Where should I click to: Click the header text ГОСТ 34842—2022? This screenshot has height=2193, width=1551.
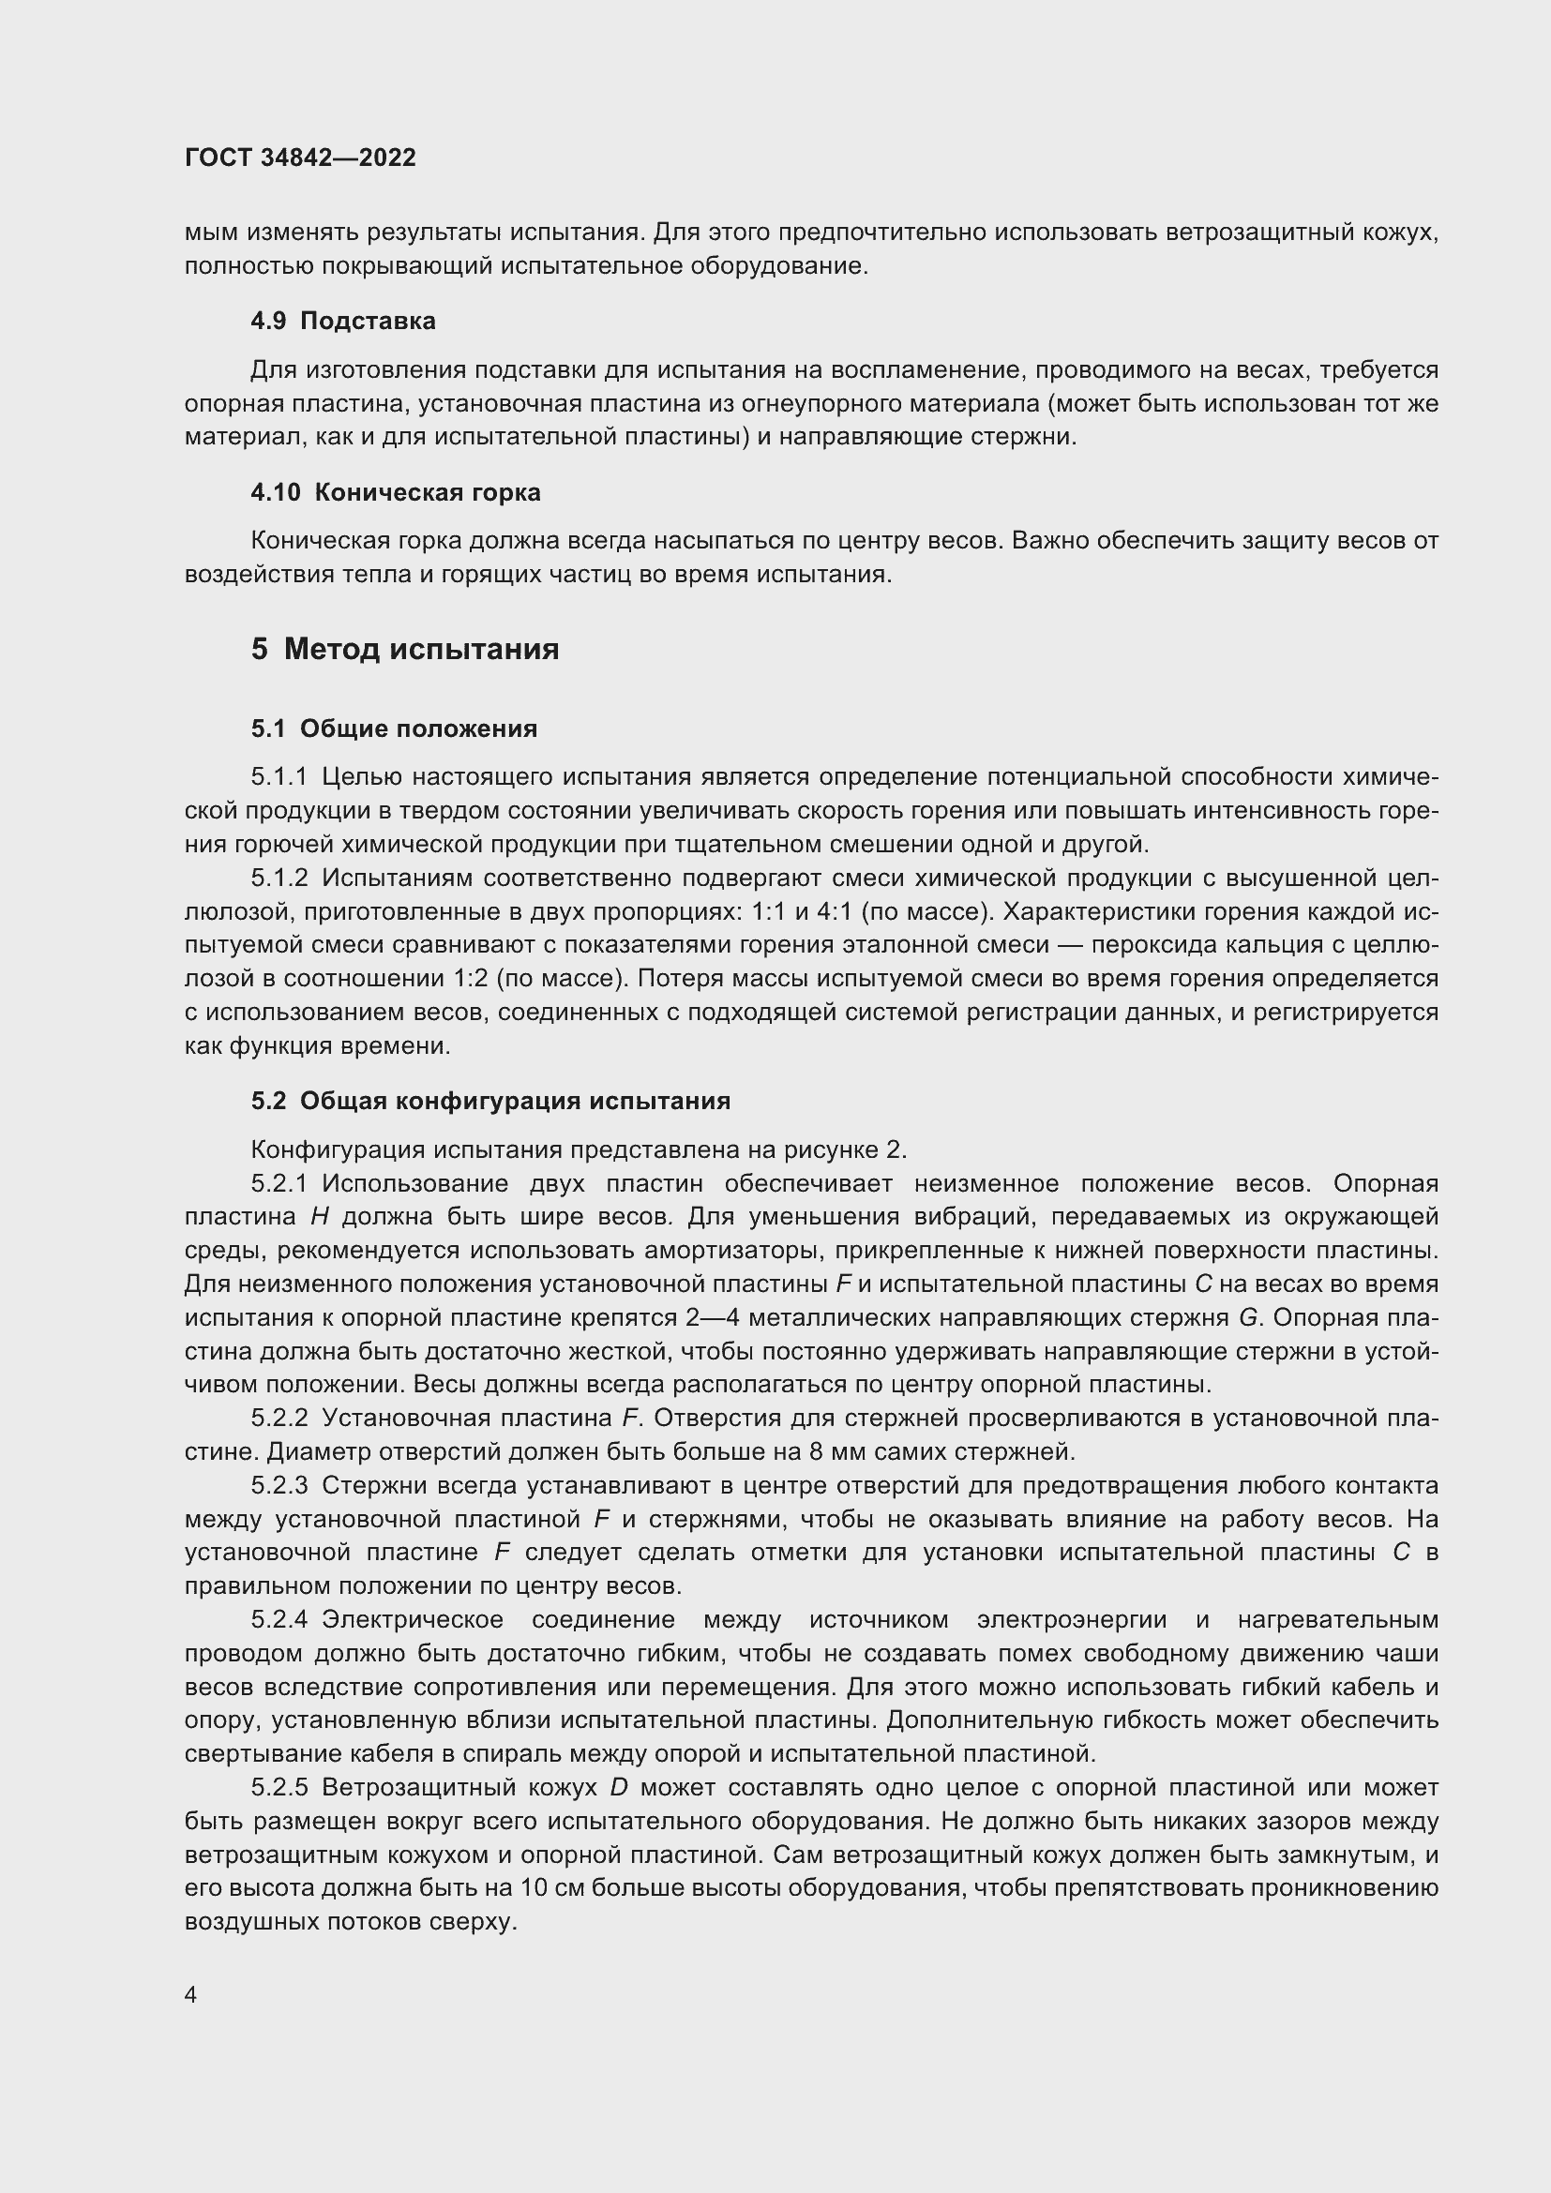(300, 158)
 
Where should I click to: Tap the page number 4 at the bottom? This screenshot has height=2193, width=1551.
(191, 1994)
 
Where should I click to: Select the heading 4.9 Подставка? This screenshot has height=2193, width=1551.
(343, 321)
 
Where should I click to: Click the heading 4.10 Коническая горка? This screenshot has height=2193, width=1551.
(396, 493)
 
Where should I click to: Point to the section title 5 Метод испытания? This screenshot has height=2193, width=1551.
(405, 650)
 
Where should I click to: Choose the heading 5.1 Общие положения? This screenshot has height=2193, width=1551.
(394, 728)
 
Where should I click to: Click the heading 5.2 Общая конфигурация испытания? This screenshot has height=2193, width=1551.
(489, 1102)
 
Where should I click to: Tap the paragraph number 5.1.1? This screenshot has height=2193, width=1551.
(279, 777)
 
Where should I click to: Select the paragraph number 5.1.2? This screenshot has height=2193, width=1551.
(279, 878)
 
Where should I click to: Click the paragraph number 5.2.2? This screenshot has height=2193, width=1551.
(279, 1419)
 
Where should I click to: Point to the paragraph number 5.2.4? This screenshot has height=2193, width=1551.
(279, 1620)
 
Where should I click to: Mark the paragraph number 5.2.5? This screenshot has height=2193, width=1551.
(279, 1788)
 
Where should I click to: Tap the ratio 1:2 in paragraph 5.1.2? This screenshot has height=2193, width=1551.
(469, 979)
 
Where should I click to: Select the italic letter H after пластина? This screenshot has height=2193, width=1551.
(320, 1217)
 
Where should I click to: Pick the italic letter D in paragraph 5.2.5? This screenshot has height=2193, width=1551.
(618, 1788)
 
